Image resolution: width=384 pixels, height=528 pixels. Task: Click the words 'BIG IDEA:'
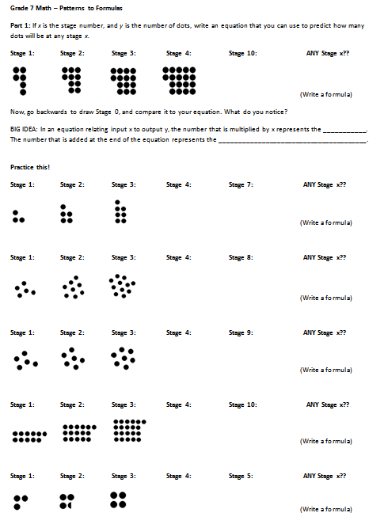(x=24, y=129)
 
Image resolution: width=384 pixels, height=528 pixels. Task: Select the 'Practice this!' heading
(x=30, y=167)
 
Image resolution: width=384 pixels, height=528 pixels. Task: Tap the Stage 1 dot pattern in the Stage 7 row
(x=20, y=217)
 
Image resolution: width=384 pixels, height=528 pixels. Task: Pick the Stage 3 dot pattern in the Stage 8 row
(x=122, y=286)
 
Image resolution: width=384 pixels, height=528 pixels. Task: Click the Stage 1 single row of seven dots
(x=30, y=434)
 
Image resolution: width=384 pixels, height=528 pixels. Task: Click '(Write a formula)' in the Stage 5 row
(x=325, y=508)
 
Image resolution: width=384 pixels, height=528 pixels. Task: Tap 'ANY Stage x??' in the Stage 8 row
(x=325, y=257)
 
